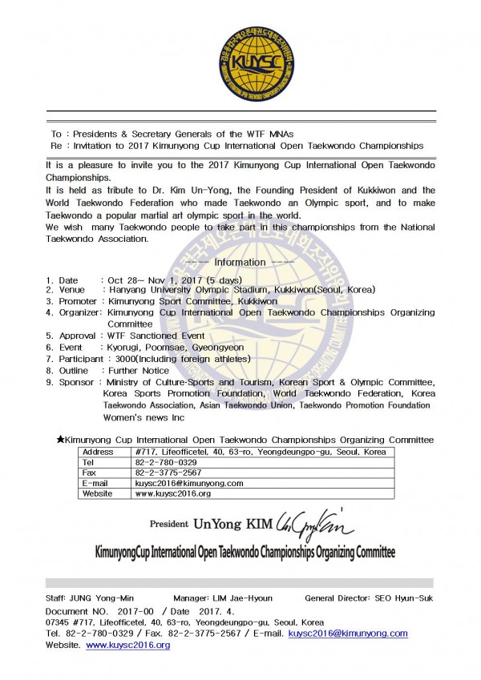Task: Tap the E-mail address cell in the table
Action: pyautogui.click(x=177, y=483)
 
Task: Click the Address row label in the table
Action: pyautogui.click(x=99, y=452)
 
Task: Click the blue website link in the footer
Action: pyautogui.click(x=127, y=645)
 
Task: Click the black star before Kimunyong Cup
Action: pyautogui.click(x=60, y=440)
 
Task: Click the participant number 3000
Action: pyautogui.click(x=119, y=359)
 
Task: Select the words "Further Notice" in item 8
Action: pyautogui.click(x=138, y=371)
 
